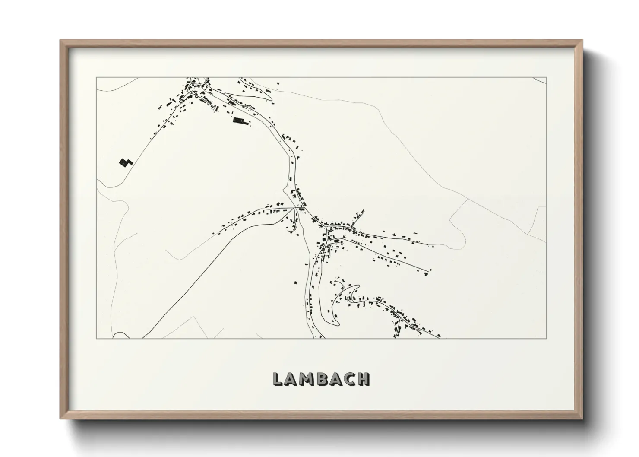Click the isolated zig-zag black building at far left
pyautogui.click(x=125, y=162)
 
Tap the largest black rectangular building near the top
pyautogui.click(x=239, y=121)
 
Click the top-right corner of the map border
pyautogui.click(x=547, y=77)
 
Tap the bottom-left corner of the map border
pyautogui.click(x=96, y=338)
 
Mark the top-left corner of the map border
pyautogui.click(x=96, y=77)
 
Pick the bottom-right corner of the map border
pyautogui.click(x=547, y=338)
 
